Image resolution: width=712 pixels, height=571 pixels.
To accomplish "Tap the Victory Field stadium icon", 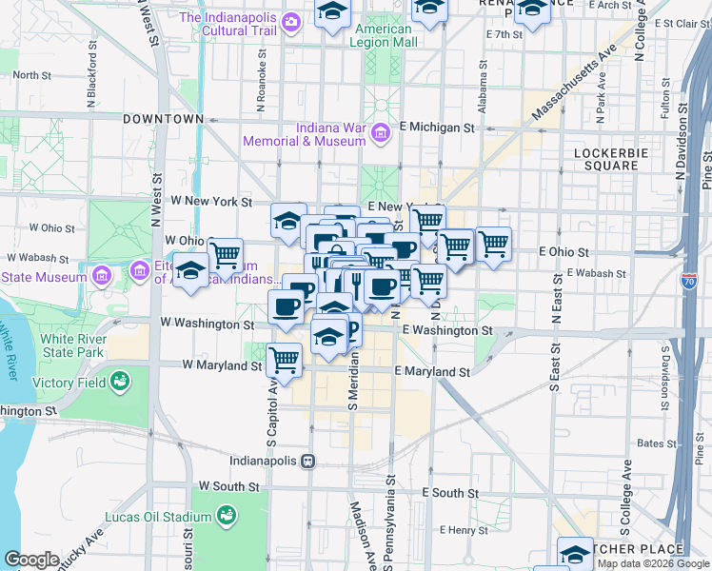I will (120, 383).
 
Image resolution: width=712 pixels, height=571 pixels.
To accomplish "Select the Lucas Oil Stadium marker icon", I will (227, 516).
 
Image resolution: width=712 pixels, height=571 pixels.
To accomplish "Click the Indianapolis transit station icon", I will (307, 461).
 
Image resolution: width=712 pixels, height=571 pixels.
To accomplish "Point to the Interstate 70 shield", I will (688, 282).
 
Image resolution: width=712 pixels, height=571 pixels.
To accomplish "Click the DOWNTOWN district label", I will (163, 119).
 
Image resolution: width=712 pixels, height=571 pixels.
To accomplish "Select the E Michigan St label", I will (437, 127).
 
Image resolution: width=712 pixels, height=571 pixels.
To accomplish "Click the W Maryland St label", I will (222, 365).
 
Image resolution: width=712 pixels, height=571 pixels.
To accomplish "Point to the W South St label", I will (227, 486).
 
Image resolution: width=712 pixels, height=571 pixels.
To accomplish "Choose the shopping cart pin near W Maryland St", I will (285, 359).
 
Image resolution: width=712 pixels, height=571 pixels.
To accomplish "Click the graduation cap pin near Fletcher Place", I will (575, 554).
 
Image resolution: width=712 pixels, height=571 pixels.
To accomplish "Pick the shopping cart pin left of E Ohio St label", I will (493, 244).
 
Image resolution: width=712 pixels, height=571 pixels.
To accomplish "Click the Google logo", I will (31, 560).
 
